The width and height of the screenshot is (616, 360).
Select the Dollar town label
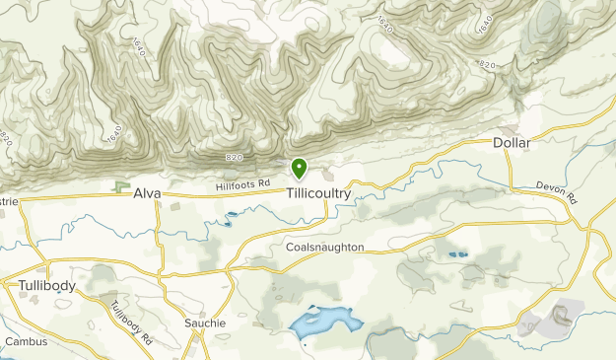pos(512,143)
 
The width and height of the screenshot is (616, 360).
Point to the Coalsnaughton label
pos(325,248)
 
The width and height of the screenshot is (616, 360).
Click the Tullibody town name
pos(47,285)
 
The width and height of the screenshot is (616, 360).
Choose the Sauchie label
pos(205,323)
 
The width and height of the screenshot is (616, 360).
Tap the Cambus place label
pos(26,341)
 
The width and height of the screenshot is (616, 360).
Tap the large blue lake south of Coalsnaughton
pos(321,321)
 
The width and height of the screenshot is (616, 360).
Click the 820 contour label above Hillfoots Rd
pos(233,159)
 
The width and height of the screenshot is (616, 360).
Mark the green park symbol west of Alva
pos(121,184)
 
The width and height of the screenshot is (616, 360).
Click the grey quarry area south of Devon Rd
pos(553,319)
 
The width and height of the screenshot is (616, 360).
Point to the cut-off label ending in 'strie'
pos(9,201)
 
